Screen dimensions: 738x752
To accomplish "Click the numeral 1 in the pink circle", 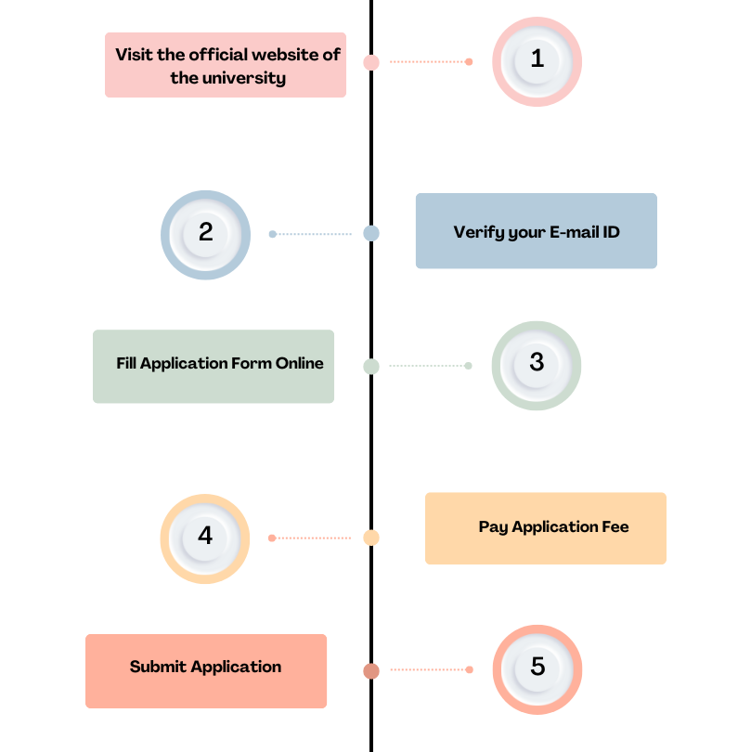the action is [x=537, y=58].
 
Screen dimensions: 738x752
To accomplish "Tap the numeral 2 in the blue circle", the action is [x=206, y=232].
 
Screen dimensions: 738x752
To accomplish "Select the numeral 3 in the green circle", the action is [x=537, y=362].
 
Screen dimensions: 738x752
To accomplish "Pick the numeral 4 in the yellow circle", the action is [x=205, y=536].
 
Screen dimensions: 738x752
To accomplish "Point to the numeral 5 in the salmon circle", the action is [x=537, y=667].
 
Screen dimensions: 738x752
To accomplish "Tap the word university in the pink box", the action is [x=244, y=78].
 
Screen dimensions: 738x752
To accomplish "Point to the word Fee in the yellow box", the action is [x=615, y=526].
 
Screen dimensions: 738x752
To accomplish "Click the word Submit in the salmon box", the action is [x=158, y=667].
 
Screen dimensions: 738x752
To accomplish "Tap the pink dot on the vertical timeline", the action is [x=371, y=62].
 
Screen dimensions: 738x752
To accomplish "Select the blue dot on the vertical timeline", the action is [x=371, y=234].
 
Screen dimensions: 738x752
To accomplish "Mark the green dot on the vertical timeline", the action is [x=371, y=367].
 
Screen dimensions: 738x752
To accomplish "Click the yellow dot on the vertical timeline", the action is [x=371, y=538].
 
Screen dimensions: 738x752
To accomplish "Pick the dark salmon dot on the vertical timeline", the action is [x=371, y=671].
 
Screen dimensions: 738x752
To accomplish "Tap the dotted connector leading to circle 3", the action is [x=431, y=366].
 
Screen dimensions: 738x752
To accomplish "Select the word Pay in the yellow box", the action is [x=494, y=527].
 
